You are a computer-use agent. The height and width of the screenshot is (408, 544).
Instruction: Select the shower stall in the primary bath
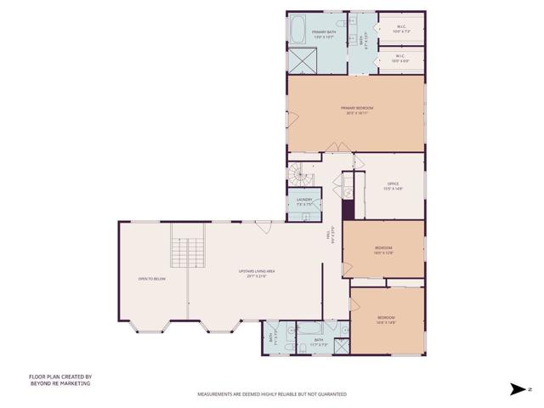[302, 61]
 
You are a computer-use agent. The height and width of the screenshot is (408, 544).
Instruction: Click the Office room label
[393, 185]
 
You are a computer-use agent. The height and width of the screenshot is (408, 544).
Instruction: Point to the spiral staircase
[297, 175]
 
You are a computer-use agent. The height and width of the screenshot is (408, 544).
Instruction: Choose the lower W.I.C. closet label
[400, 59]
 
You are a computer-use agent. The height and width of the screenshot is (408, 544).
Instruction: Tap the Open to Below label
[151, 278]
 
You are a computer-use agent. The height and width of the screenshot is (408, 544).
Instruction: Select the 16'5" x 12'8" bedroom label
[384, 249]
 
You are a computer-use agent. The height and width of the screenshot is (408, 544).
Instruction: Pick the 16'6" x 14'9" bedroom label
[387, 319]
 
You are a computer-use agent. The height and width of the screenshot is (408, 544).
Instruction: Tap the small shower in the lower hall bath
[340, 346]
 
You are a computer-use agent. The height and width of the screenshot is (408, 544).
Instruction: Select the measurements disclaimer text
[271, 394]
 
